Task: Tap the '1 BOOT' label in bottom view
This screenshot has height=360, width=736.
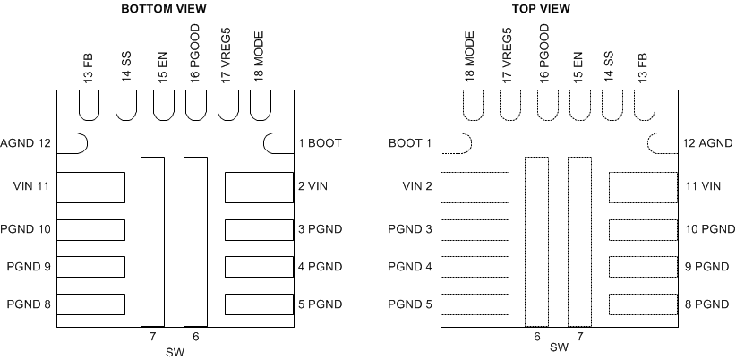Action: pyautogui.click(x=320, y=142)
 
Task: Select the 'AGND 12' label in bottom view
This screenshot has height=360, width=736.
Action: pyautogui.click(x=26, y=142)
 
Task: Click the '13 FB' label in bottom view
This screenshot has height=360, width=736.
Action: pyautogui.click(x=88, y=67)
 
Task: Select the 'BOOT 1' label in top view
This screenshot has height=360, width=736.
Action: pyautogui.click(x=410, y=142)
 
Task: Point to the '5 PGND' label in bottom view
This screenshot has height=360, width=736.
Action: pyautogui.click(x=319, y=304)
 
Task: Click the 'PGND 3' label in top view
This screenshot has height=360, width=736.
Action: pyautogui.click(x=410, y=229)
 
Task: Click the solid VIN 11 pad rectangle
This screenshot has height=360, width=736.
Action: pyautogui.click(x=90, y=187)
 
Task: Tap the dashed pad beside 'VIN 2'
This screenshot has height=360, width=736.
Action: pyautogui.click(x=475, y=187)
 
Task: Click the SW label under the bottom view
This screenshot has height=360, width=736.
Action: pyautogui.click(x=175, y=350)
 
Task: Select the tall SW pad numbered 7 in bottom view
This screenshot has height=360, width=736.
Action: pyautogui.click(x=153, y=241)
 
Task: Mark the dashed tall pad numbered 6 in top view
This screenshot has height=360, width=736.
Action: pyautogui.click(x=536, y=241)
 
